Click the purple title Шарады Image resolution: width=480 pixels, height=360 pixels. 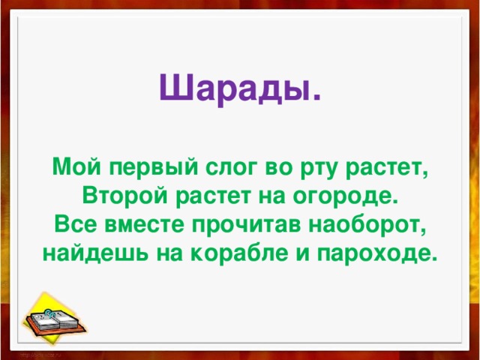coord(239,90)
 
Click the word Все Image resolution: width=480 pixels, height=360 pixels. coord(73,226)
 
